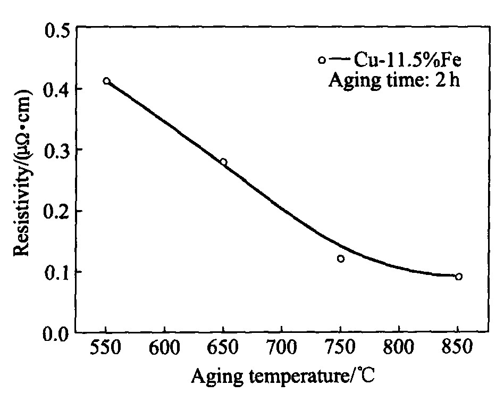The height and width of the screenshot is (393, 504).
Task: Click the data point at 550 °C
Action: [106, 81]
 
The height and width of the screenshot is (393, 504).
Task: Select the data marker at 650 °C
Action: [223, 162]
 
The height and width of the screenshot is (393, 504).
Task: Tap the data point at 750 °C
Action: [341, 258]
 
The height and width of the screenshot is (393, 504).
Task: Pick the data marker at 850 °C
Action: [458, 277]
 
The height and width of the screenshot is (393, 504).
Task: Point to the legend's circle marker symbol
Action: [321, 61]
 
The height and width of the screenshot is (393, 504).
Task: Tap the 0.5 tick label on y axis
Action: [57, 28]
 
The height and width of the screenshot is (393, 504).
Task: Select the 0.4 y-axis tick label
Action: [57, 89]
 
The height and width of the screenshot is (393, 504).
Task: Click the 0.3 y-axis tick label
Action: [57, 150]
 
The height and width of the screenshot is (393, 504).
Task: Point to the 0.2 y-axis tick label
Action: [57, 211]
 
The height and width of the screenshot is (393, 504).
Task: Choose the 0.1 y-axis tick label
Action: [57, 272]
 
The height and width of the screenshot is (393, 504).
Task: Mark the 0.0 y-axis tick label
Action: [57, 333]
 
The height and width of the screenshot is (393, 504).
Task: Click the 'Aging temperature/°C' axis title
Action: [283, 378]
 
